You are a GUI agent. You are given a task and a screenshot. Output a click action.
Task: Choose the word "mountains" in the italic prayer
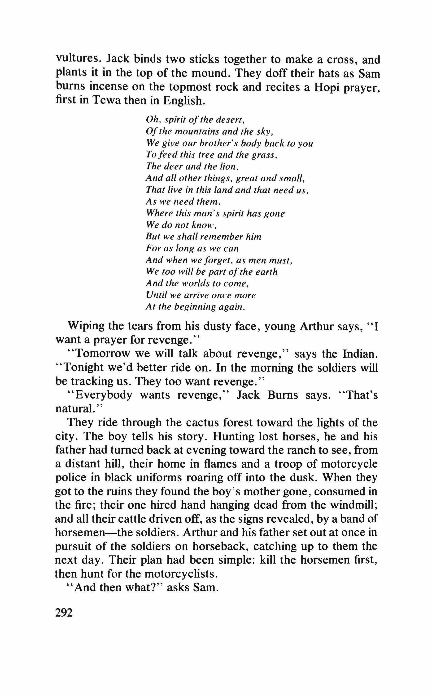tap(193, 131)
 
